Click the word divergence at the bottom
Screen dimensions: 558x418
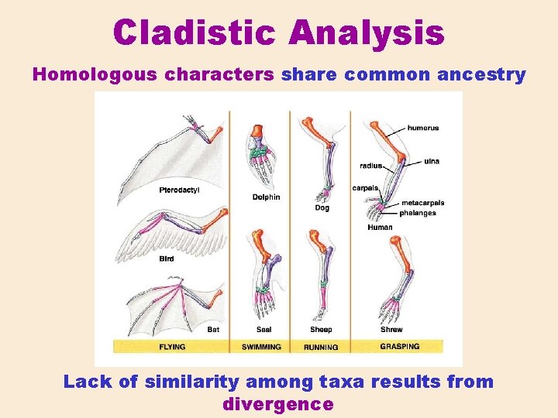click(x=277, y=404)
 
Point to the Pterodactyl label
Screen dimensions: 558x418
click(x=179, y=190)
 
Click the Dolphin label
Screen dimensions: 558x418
click(x=266, y=197)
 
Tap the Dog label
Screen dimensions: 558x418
click(x=322, y=207)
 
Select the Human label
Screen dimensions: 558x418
click(x=380, y=228)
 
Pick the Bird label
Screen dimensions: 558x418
click(x=167, y=259)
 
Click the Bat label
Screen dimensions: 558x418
click(x=213, y=329)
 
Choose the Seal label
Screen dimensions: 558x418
click(x=263, y=330)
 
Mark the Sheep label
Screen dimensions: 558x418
click(x=321, y=330)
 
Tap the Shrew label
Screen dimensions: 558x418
click(x=391, y=330)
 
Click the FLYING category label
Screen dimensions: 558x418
click(x=172, y=347)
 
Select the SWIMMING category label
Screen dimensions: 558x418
click(x=261, y=347)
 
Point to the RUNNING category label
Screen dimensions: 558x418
click(x=320, y=348)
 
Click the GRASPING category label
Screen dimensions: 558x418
click(x=399, y=346)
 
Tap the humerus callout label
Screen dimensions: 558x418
click(x=423, y=128)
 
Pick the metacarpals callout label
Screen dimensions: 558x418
click(x=422, y=204)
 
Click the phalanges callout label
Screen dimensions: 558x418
click(x=418, y=213)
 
